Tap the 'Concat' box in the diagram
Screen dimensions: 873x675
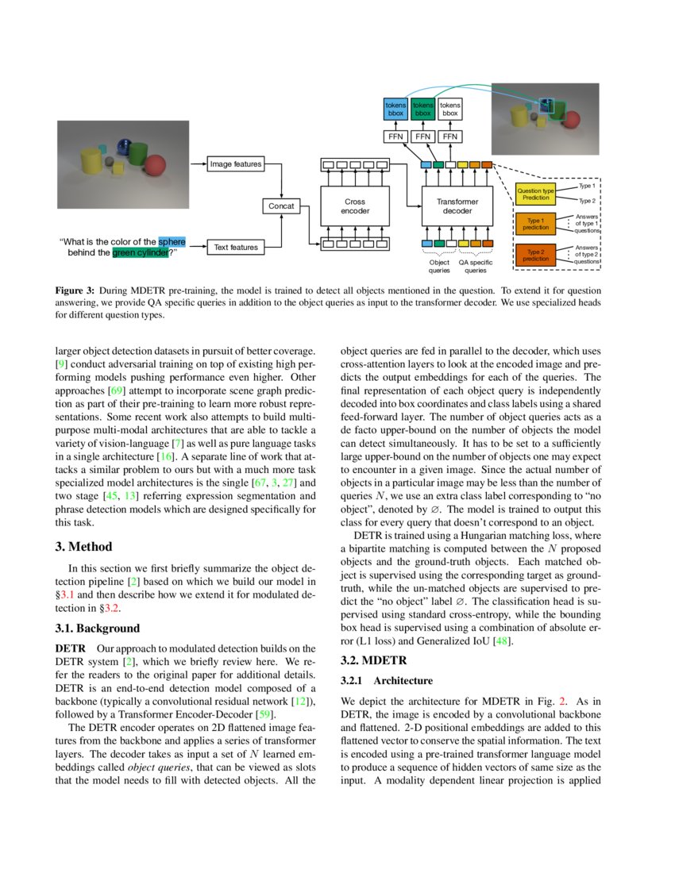coord(281,206)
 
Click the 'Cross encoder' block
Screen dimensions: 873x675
coord(355,206)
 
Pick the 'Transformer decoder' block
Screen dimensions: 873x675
coord(457,206)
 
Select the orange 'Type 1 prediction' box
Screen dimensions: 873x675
coord(536,224)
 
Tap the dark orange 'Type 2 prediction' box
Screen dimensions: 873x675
coord(536,256)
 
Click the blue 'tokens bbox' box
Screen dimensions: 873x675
coord(395,110)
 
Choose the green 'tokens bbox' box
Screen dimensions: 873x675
coord(422,110)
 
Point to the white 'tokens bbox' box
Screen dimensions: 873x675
coord(450,110)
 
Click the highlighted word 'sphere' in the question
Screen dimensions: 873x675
coord(172,242)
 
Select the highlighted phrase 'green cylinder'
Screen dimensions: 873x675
coord(140,253)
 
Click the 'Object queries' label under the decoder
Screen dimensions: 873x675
coord(439,266)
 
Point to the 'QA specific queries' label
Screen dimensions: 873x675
coord(476,266)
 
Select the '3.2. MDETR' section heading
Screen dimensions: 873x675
coord(373,660)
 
